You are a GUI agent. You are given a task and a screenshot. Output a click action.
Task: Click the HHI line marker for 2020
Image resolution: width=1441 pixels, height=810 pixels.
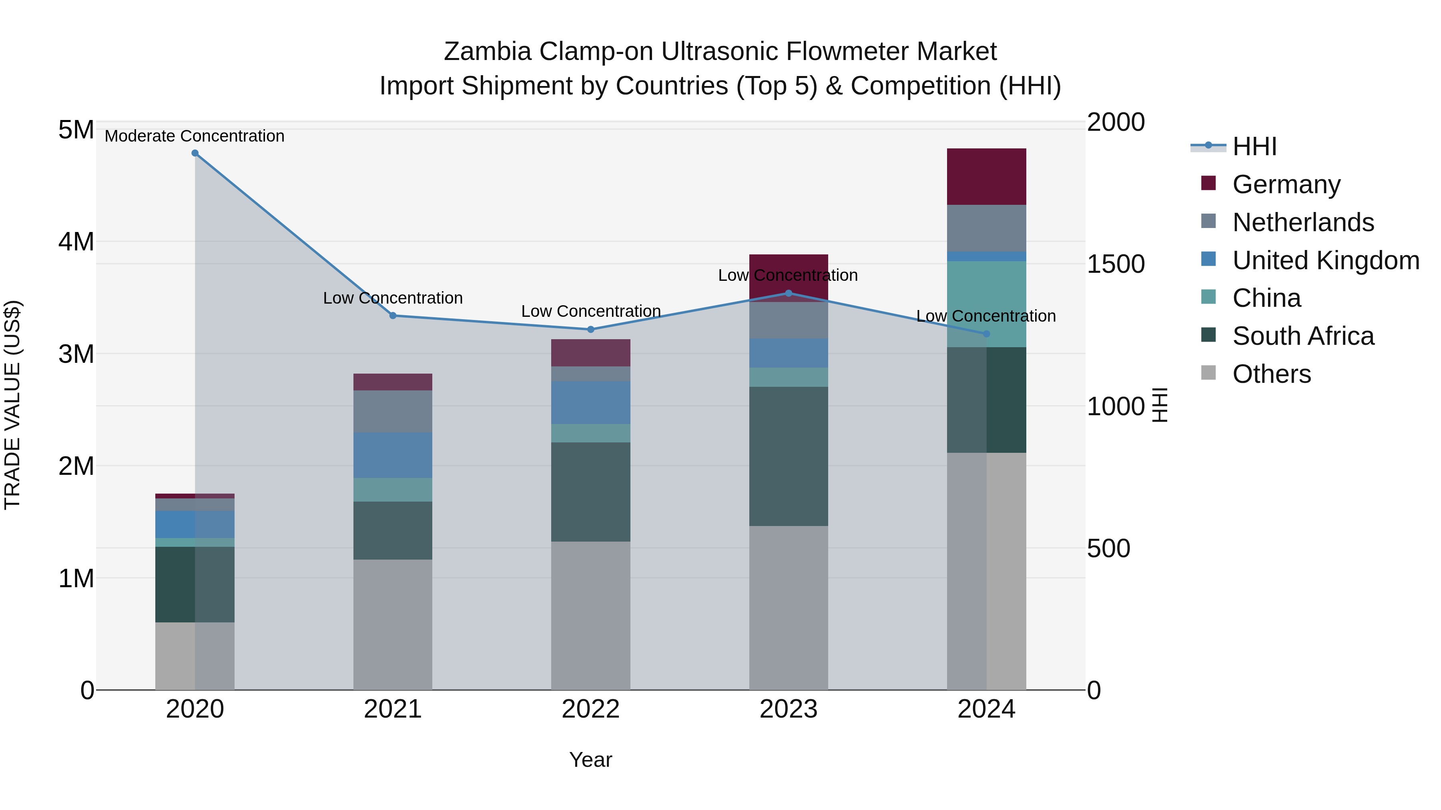[195, 153]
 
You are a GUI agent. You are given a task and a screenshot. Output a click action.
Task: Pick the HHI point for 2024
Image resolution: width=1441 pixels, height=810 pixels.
[986, 334]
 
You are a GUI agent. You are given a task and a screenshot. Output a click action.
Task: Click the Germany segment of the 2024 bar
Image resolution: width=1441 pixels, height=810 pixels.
[986, 177]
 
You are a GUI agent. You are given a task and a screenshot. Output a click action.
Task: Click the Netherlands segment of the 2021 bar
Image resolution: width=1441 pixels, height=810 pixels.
[393, 411]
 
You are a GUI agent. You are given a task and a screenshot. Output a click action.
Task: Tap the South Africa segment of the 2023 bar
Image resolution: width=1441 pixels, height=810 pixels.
[788, 456]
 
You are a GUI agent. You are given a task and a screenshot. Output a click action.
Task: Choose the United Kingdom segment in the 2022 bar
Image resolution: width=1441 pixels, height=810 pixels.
[591, 402]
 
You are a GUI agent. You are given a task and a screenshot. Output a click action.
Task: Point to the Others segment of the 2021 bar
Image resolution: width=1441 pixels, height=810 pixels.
[393, 624]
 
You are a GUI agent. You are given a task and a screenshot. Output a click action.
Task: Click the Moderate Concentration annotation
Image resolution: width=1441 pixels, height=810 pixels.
[195, 136]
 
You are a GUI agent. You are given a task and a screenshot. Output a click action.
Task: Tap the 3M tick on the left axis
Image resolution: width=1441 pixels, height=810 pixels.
[76, 354]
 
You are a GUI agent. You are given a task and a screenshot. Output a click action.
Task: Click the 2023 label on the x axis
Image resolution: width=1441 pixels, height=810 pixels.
[788, 709]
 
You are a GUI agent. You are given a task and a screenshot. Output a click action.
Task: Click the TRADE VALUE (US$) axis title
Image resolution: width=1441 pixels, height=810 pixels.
[12, 405]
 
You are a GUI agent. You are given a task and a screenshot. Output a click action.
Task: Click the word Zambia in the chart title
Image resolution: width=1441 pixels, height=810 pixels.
[487, 52]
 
